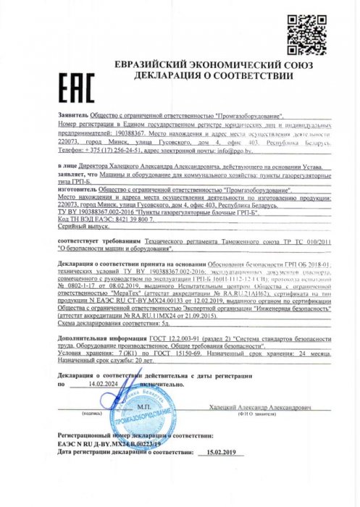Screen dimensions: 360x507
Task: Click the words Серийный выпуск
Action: point(80,227)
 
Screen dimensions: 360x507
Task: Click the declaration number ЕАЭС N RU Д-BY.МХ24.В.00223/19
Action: point(109,443)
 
